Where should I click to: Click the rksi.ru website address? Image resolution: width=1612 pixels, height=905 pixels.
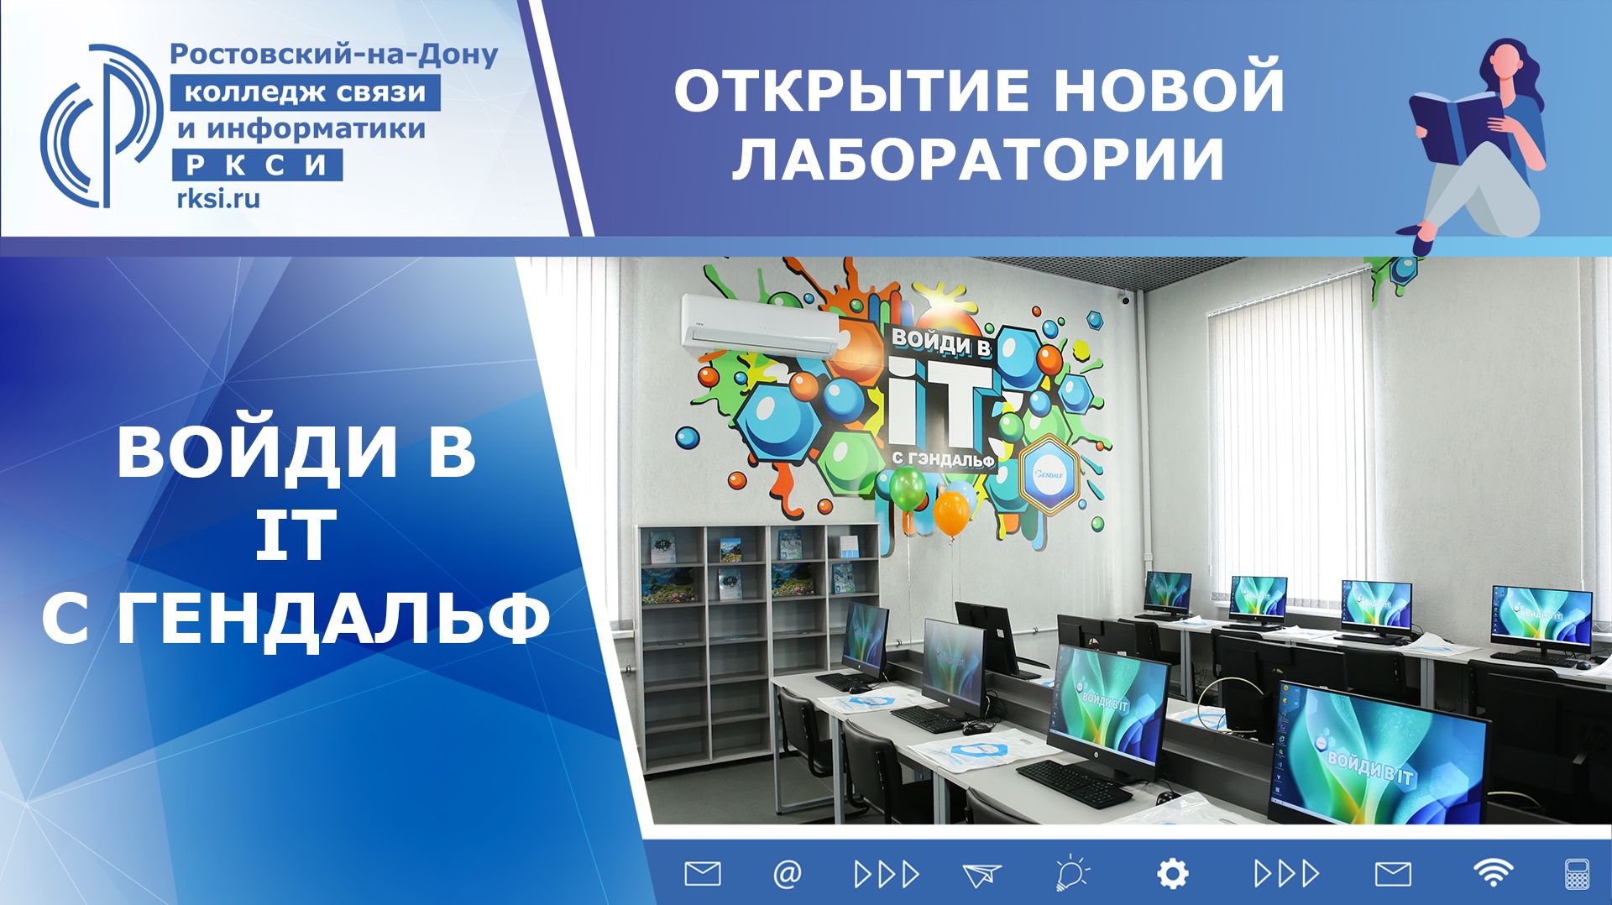(218, 199)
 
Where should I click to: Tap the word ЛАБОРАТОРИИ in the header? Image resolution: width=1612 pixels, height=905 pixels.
(978, 158)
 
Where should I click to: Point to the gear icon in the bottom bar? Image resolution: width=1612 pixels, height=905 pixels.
(1172, 874)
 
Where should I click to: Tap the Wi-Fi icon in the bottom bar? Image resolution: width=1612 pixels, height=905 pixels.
(1492, 874)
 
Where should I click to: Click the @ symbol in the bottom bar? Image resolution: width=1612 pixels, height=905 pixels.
(787, 874)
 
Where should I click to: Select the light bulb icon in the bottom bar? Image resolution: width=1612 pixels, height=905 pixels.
(1071, 873)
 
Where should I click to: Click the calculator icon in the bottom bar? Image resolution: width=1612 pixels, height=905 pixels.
(1577, 874)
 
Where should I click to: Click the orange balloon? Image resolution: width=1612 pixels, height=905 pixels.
(951, 513)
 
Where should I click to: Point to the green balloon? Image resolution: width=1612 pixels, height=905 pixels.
(907, 488)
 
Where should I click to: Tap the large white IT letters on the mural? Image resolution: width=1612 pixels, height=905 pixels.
(940, 403)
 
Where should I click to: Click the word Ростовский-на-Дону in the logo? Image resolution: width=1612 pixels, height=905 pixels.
(334, 55)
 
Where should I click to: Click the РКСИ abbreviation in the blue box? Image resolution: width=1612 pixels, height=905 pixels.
(257, 165)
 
